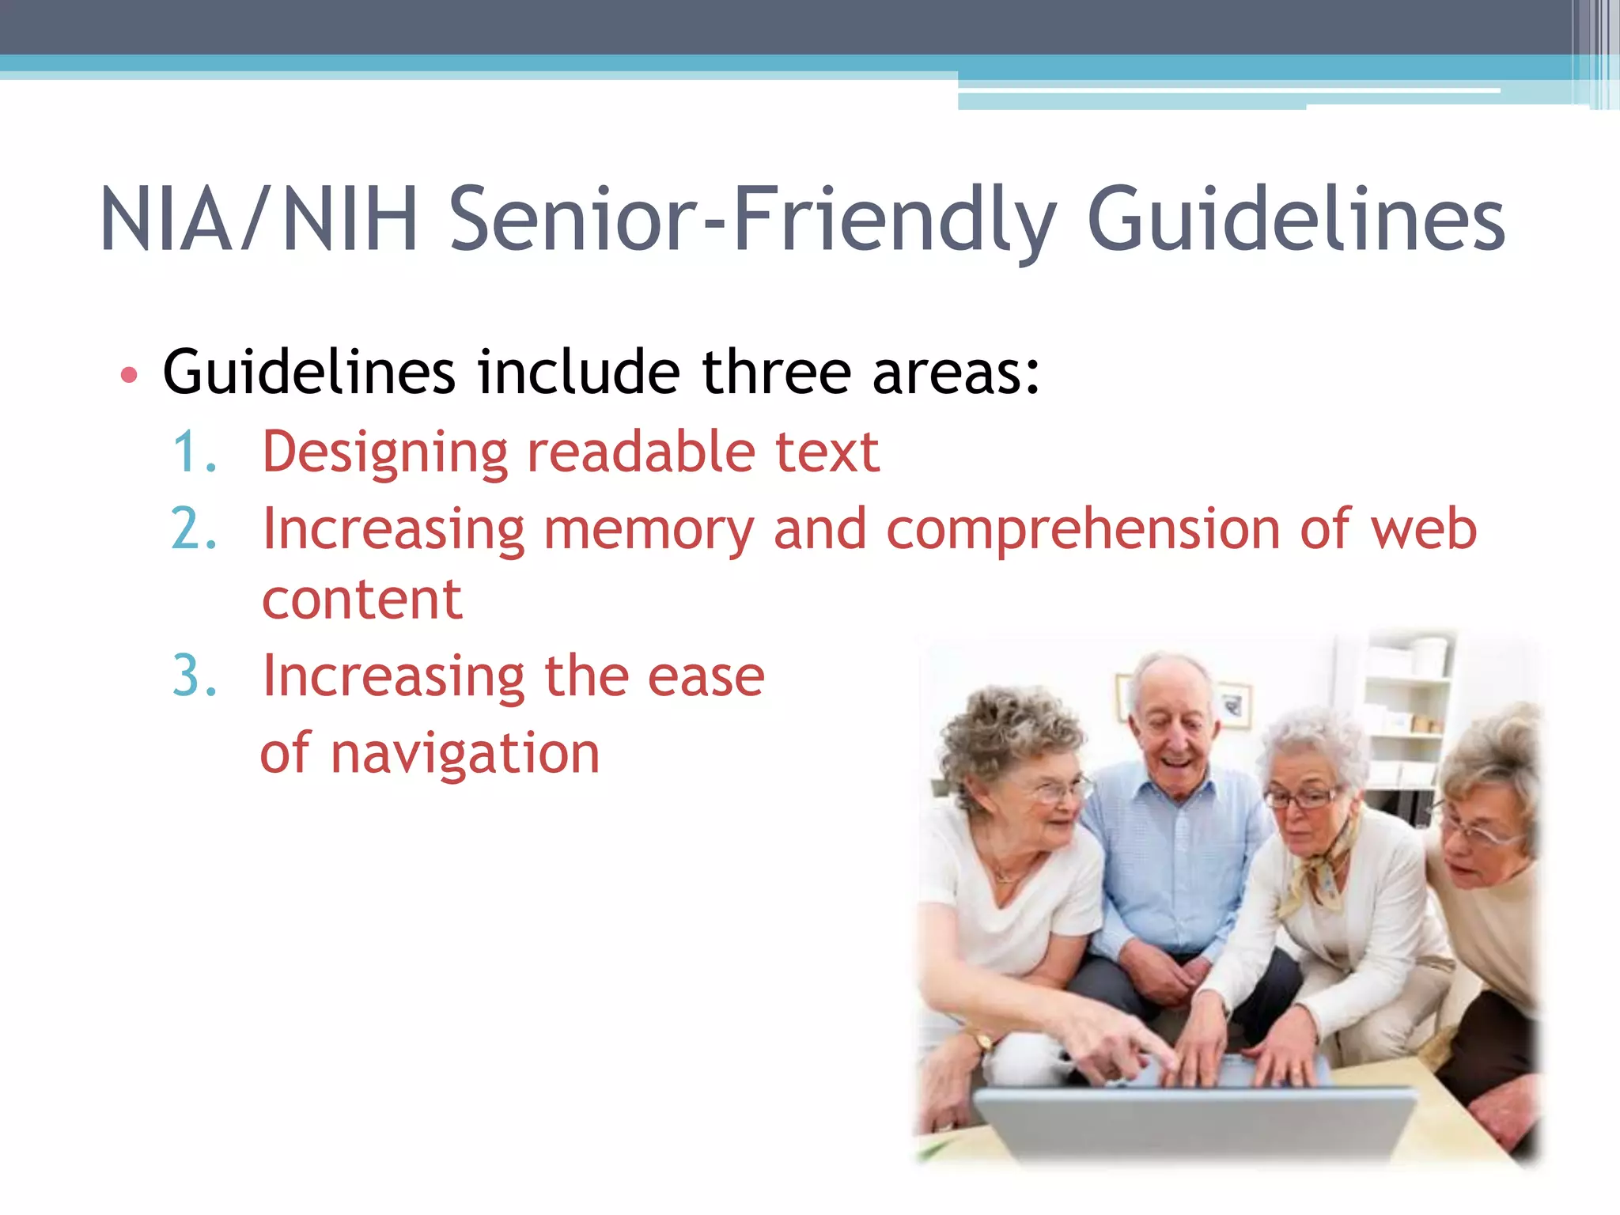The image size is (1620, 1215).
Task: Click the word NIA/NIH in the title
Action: (259, 220)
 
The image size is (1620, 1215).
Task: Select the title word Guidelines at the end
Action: (1296, 220)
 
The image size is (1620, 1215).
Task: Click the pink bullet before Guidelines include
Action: (129, 375)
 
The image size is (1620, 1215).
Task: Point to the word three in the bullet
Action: (775, 372)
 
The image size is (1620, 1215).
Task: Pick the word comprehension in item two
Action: (1082, 529)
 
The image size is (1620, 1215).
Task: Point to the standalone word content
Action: (361, 600)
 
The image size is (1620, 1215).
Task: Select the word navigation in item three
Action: (465, 755)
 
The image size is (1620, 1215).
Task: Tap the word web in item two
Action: (1424, 529)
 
